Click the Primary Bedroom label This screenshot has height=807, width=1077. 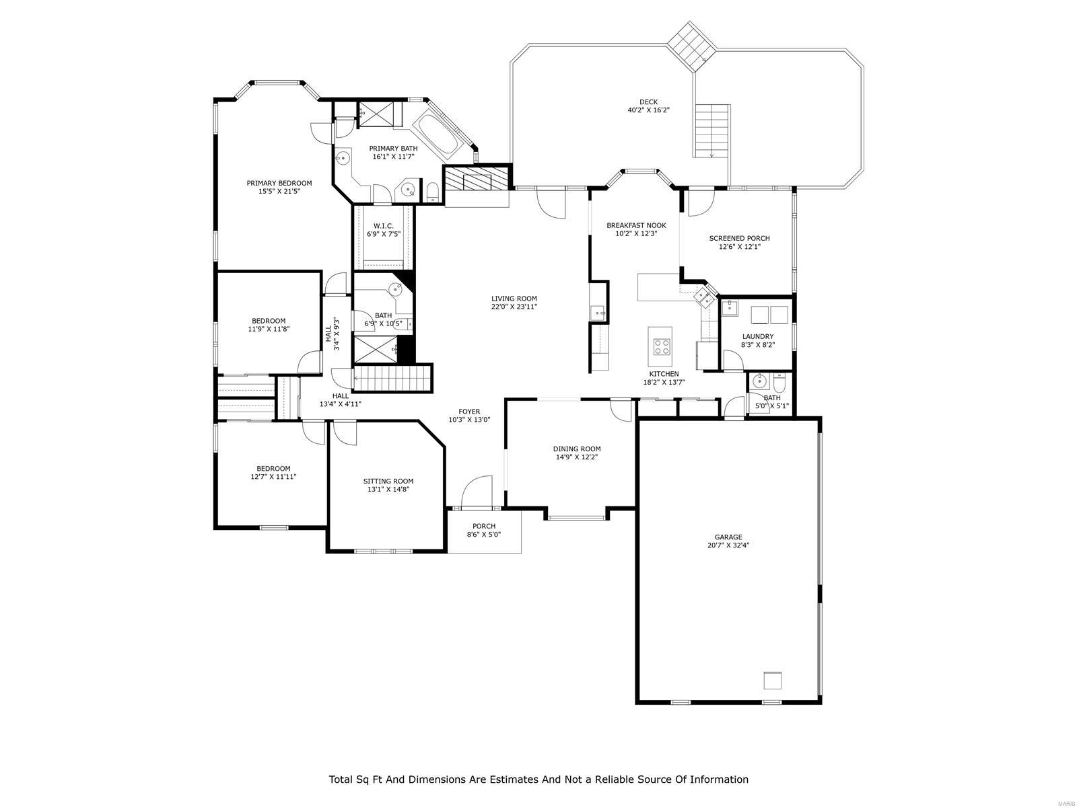coord(279,183)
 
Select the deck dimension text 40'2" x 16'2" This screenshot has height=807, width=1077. coord(648,110)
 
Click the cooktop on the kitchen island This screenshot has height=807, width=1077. coord(661,347)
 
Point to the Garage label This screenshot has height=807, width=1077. coord(728,537)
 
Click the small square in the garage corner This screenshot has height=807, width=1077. coord(772,681)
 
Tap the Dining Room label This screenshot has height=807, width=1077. coord(576,449)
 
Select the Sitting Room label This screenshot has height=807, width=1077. coord(388,481)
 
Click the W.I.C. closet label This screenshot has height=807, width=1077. coord(383,226)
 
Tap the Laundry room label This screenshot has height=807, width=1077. coord(757,336)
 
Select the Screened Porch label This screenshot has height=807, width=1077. coord(738,238)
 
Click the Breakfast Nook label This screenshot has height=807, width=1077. coord(635,225)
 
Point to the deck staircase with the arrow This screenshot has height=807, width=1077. coord(712,130)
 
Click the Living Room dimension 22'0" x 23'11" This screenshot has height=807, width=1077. coord(514,307)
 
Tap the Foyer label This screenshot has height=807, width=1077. coord(469,412)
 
